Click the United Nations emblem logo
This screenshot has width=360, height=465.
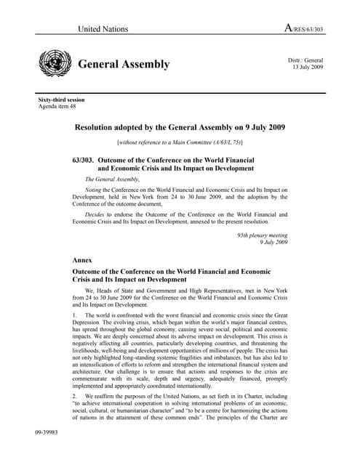pyautogui.click(x=55, y=64)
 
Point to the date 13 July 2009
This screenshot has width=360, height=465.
pyautogui.click(x=307, y=67)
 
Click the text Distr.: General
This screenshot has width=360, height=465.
pyautogui.click(x=305, y=60)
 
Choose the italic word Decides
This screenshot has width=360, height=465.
pyautogui.click(x=98, y=214)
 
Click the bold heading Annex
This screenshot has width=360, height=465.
pyautogui.click(x=84, y=259)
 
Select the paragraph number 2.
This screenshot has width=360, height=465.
pyautogui.click(x=76, y=396)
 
